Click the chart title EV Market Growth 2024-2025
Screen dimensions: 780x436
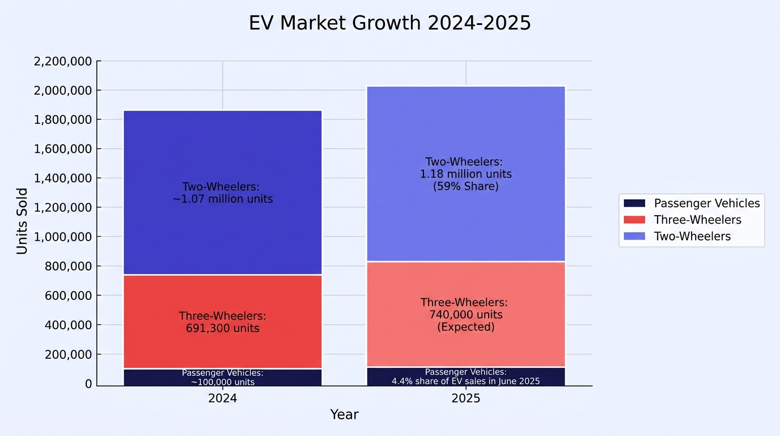click(389, 23)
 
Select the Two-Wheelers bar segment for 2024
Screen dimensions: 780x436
click(223, 192)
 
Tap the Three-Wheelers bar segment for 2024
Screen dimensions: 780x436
click(223, 321)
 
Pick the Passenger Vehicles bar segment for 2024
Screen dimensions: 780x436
click(223, 378)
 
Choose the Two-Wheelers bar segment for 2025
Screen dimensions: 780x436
click(466, 173)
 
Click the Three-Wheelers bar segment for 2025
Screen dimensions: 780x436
click(466, 314)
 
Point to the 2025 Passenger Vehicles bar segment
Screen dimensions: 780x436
click(466, 377)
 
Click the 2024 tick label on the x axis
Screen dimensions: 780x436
click(223, 398)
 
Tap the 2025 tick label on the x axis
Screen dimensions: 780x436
click(466, 398)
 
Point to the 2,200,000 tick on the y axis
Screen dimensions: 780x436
click(63, 61)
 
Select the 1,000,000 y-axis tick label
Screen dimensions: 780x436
click(63, 237)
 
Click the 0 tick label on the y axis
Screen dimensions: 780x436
click(88, 384)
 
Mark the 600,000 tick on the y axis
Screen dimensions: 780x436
click(68, 295)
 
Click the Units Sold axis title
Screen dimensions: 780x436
click(22, 221)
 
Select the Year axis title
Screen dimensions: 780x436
click(344, 415)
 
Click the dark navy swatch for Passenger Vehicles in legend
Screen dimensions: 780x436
click(634, 203)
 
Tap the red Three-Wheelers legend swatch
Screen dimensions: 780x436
click(634, 220)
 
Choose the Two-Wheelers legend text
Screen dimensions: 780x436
click(692, 236)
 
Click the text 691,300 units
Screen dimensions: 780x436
click(223, 328)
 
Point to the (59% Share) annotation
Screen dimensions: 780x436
click(466, 186)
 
